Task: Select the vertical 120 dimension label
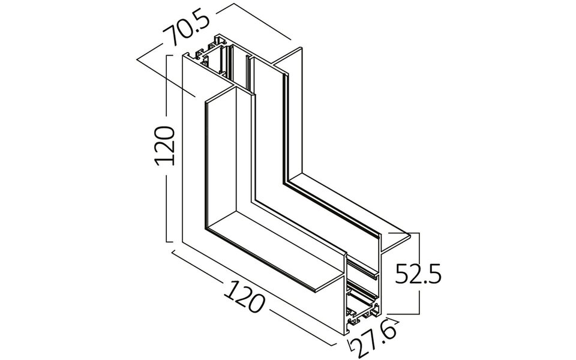[163, 146]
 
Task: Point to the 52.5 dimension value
[418, 275]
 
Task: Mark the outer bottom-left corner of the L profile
[182, 242]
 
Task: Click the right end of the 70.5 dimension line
[290, 40]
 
